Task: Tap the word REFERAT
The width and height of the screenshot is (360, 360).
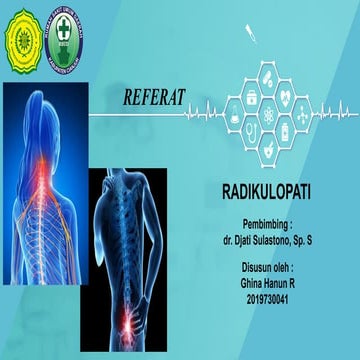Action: pos(155,98)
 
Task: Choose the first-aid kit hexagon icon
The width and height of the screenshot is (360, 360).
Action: pos(250,97)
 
